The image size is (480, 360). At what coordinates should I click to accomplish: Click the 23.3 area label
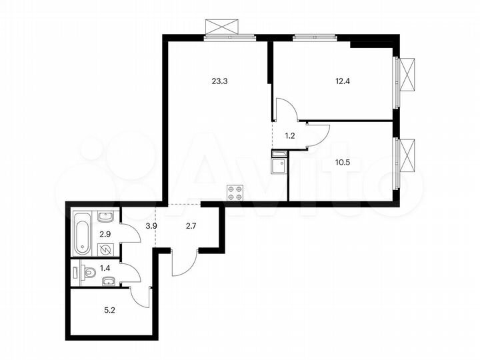(219, 82)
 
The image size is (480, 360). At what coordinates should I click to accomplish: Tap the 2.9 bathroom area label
(105, 234)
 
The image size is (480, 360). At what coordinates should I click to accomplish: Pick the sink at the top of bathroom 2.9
(105, 217)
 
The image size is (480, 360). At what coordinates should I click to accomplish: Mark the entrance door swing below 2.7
(184, 261)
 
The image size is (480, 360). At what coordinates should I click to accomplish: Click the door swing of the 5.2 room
(141, 297)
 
